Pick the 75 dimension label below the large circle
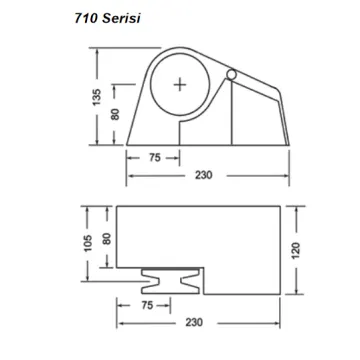156,157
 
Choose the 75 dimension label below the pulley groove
149,304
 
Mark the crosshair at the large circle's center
180,86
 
